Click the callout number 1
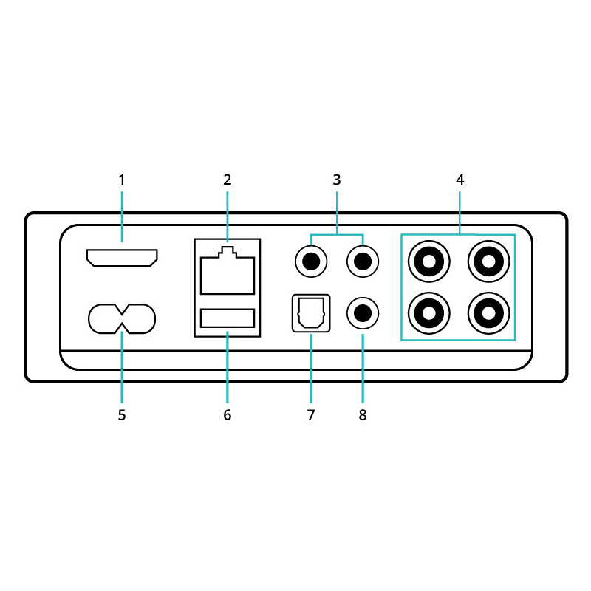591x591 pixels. [x=122, y=180]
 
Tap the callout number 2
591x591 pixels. [x=228, y=180]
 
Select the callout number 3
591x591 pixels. [x=337, y=180]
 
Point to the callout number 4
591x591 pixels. [x=460, y=180]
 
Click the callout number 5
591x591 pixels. [x=122, y=415]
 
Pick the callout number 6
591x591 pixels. [x=228, y=415]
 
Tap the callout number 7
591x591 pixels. [x=311, y=415]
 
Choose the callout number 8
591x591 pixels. [x=363, y=415]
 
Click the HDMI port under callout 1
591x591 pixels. [x=122, y=258]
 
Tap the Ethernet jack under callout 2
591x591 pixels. [x=228, y=270]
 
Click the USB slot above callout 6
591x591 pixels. [x=228, y=318]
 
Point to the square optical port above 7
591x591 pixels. [x=311, y=313]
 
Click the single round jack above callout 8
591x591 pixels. [x=363, y=313]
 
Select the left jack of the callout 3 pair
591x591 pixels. [x=311, y=262]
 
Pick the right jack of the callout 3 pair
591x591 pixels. [x=363, y=262]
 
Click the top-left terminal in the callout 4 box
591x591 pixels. [x=429, y=262]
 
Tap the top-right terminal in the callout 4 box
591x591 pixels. [x=488, y=262]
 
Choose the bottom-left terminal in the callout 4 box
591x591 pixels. [x=429, y=313]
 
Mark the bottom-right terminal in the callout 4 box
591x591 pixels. [x=488, y=313]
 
